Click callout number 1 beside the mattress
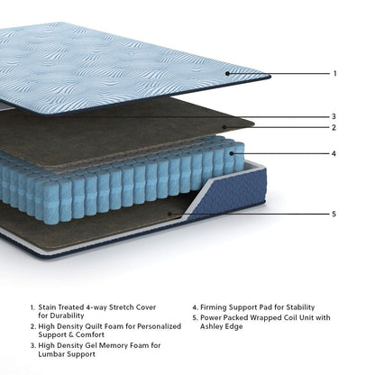334,74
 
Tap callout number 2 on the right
334,127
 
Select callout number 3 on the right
334,116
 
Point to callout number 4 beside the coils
334,153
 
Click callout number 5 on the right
334,214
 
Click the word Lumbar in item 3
53,354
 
